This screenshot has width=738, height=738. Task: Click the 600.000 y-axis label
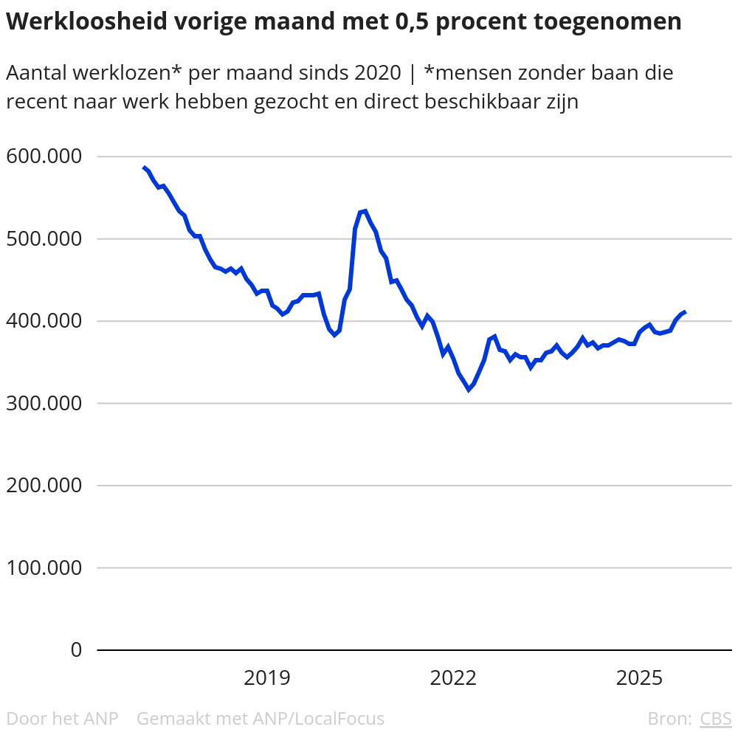pyautogui.click(x=43, y=156)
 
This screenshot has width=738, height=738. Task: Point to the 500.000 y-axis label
pyautogui.click(x=43, y=239)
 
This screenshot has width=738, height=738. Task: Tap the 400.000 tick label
pyautogui.click(x=43, y=321)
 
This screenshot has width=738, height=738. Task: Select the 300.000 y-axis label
pyautogui.click(x=43, y=404)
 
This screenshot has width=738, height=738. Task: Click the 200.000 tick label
pyautogui.click(x=43, y=486)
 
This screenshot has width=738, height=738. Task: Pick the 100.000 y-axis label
pyautogui.click(x=43, y=568)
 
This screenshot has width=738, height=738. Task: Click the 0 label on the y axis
pyautogui.click(x=76, y=650)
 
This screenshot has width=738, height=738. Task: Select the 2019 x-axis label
pyautogui.click(x=267, y=677)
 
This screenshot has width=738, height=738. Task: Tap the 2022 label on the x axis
pyautogui.click(x=453, y=677)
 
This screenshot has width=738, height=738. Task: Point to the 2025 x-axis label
pyautogui.click(x=640, y=677)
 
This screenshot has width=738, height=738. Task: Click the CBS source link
pyautogui.click(x=715, y=718)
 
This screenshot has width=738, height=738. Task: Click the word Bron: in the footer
pyautogui.click(x=669, y=718)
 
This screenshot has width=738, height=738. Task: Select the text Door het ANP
pyautogui.click(x=62, y=718)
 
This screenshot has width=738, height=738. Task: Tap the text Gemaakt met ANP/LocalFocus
pyautogui.click(x=261, y=718)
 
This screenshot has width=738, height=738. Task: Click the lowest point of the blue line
pyautogui.click(x=468, y=390)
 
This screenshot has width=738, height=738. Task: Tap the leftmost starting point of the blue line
pyautogui.click(x=143, y=168)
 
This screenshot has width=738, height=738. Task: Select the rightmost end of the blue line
pyautogui.click(x=686, y=311)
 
